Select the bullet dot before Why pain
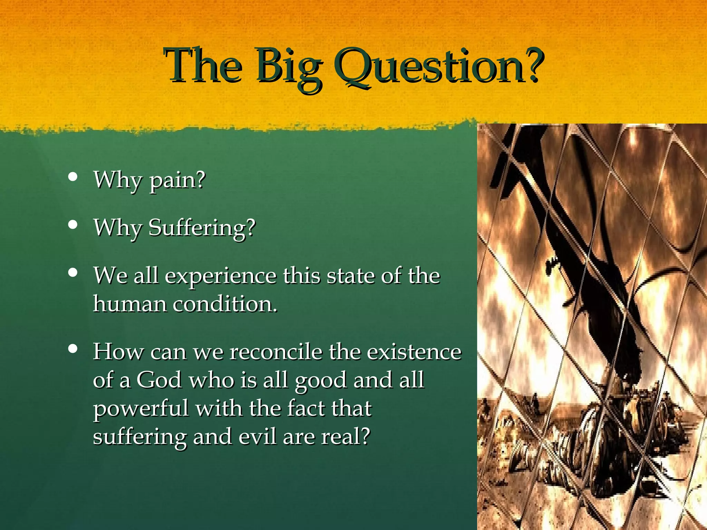click(73, 177)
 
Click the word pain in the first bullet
click(177, 181)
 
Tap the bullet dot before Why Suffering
click(73, 225)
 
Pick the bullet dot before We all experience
click(73, 273)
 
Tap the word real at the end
click(345, 436)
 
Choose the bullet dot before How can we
click(73, 349)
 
